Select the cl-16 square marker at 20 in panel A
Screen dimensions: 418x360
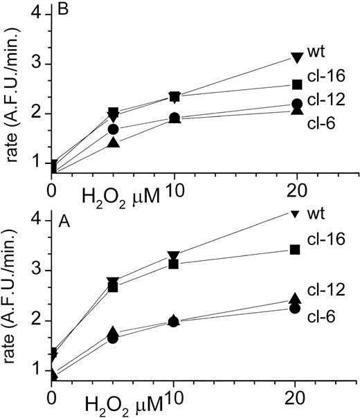pos(296,249)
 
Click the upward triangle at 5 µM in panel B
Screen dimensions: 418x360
pos(114,143)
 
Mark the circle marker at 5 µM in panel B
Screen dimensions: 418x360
pos(114,129)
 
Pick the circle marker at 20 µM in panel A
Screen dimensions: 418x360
pos(296,309)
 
